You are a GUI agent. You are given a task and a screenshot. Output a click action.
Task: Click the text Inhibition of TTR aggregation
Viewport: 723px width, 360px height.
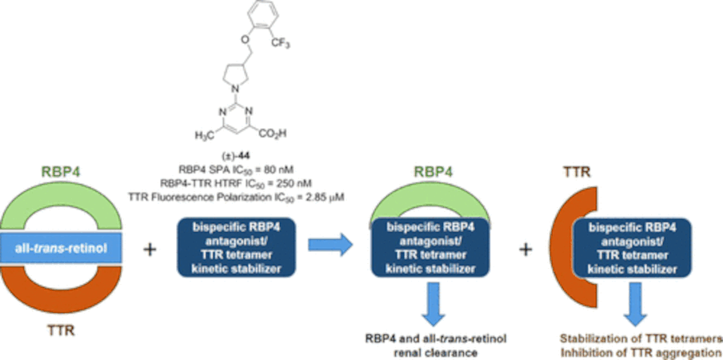point(641,350)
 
